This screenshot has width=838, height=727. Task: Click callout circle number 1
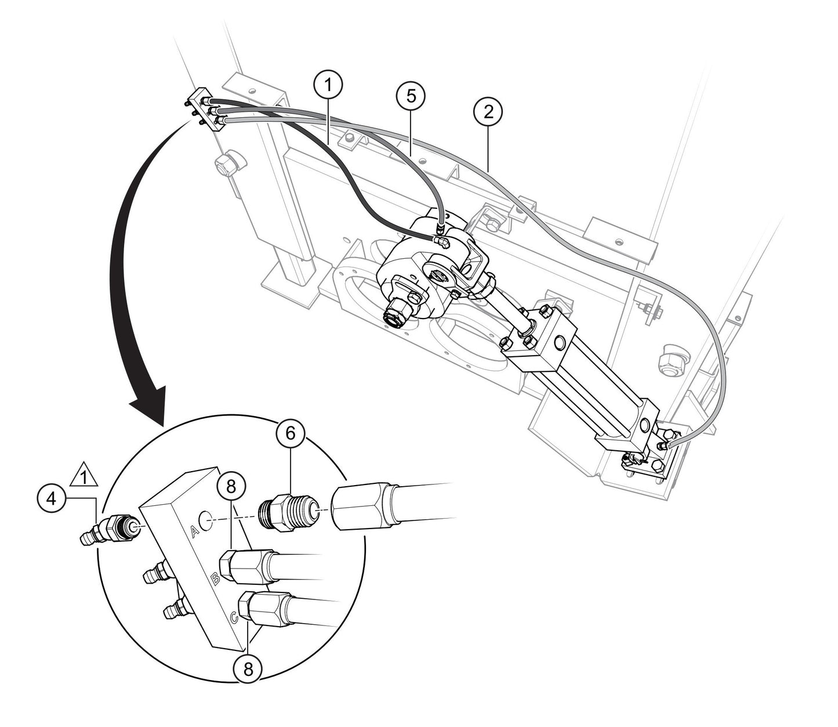point(328,85)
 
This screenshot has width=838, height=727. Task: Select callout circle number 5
point(411,96)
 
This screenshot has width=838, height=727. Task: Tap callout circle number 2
point(488,112)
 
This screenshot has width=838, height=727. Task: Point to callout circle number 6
point(291,434)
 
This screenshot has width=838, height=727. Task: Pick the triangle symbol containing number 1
point(85,477)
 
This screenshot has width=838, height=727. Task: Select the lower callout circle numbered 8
point(248,668)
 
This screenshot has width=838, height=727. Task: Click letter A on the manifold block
point(195,530)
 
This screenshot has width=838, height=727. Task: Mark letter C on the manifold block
point(233,619)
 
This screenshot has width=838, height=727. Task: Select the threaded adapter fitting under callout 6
point(288,509)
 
